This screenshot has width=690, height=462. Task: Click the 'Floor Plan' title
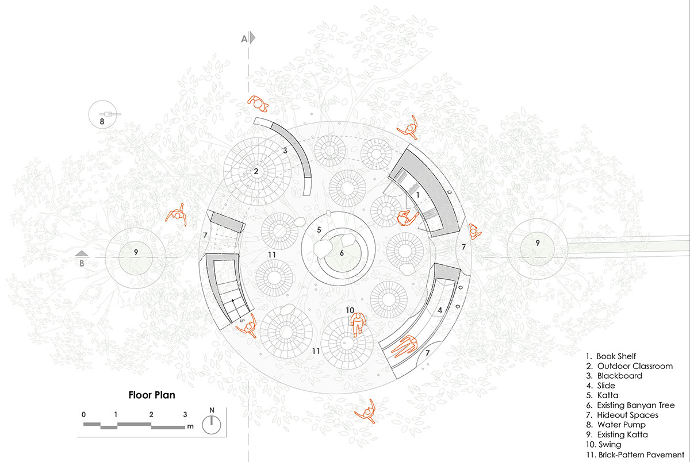pyautogui.click(x=152, y=395)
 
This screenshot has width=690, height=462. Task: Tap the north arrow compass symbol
pyautogui.click(x=212, y=425)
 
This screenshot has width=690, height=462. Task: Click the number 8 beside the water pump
pyautogui.click(x=102, y=122)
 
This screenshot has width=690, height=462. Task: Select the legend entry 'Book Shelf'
pyautogui.click(x=611, y=356)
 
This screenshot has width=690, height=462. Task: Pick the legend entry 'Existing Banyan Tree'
pyautogui.click(x=630, y=405)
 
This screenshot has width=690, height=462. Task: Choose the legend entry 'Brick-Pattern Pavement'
pyautogui.click(x=635, y=455)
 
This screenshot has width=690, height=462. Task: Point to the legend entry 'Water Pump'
pyautogui.click(x=616, y=425)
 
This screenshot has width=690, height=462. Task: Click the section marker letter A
pyautogui.click(x=244, y=39)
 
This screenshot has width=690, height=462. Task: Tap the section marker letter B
pyautogui.click(x=82, y=264)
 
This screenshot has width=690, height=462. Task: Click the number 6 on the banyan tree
pyautogui.click(x=342, y=253)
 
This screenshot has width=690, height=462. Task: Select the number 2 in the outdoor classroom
pyautogui.click(x=256, y=171)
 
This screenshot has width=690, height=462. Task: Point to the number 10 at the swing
pyautogui.click(x=350, y=310)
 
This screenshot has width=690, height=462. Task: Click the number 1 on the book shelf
pyautogui.click(x=417, y=195)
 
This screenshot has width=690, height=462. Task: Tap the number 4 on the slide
pyautogui.click(x=440, y=310)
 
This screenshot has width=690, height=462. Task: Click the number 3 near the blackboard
pyautogui.click(x=285, y=151)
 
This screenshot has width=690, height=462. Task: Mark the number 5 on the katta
pyautogui.click(x=319, y=230)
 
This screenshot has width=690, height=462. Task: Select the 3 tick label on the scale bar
pyautogui.click(x=185, y=415)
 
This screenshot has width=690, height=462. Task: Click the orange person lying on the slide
pyautogui.click(x=404, y=346)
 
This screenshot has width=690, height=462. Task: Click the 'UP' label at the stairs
pyautogui.click(x=242, y=321)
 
